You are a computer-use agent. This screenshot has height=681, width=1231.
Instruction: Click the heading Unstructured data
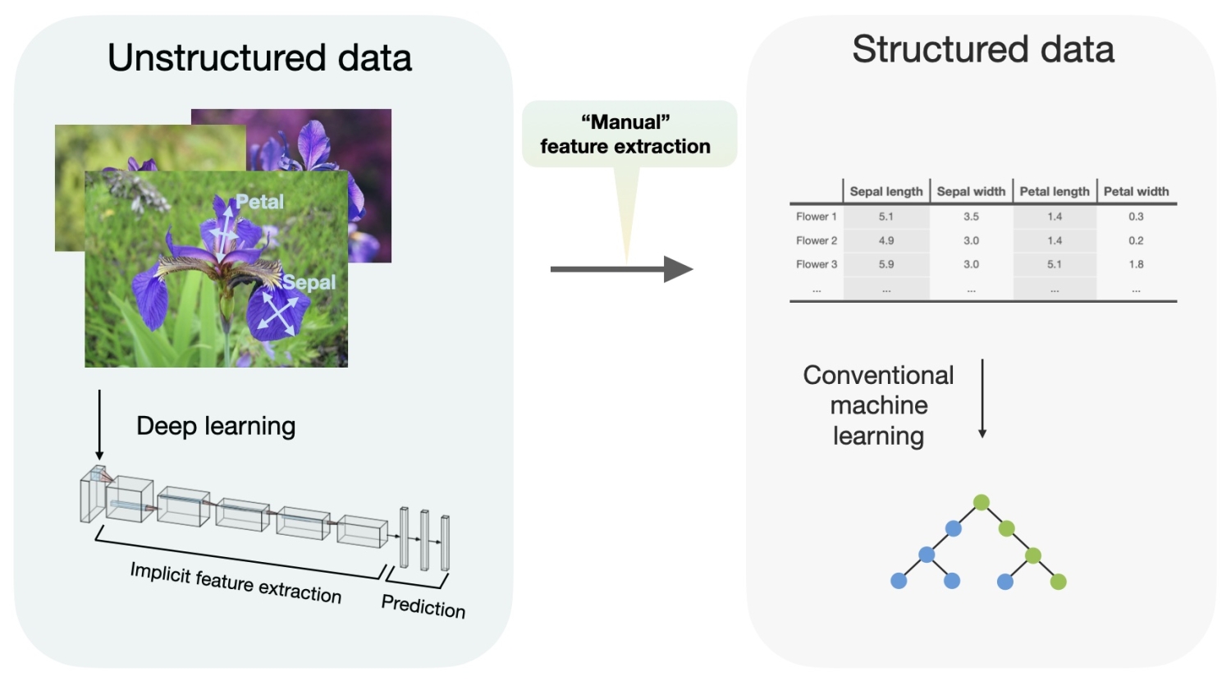[259, 58]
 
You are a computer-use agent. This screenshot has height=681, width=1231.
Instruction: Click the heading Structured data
[982, 49]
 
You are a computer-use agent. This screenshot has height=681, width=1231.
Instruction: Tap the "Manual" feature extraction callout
[625, 135]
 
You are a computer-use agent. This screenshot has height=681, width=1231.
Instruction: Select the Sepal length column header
[886, 191]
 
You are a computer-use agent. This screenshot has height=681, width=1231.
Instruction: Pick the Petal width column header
[1136, 191]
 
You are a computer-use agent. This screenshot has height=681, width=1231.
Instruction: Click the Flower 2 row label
[817, 240]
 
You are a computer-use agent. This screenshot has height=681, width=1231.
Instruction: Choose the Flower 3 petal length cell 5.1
[1055, 264]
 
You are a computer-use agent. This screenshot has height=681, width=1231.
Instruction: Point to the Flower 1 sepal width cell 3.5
[971, 217]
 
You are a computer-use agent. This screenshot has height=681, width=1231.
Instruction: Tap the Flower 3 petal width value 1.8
[1136, 264]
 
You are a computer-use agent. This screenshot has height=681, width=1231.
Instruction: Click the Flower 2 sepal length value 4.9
[886, 240]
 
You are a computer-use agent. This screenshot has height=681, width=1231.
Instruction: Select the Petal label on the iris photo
[260, 202]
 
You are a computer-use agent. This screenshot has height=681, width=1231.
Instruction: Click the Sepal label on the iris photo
[309, 282]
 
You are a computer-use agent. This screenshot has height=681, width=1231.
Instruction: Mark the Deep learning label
[216, 426]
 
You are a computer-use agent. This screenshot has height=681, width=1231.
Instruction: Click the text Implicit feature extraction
[236, 583]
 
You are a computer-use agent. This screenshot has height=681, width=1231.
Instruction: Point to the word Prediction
[423, 606]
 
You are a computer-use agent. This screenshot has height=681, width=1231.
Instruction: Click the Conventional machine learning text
[878, 405]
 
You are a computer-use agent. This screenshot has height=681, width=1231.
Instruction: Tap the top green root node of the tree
[981, 502]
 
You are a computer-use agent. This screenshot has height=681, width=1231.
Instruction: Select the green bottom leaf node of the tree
[1059, 582]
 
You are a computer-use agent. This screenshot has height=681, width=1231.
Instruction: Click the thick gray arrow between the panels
[621, 269]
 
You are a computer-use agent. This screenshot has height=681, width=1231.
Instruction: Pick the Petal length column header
[1055, 191]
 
